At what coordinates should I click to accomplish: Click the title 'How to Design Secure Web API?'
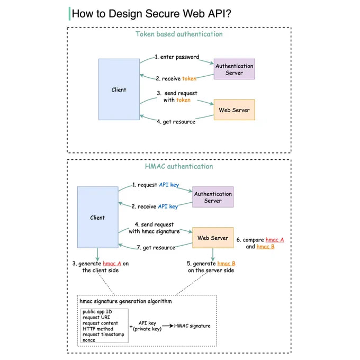[x=151, y=14]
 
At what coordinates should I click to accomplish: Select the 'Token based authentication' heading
[x=179, y=34]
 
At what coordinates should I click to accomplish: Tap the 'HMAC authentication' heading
[x=179, y=166]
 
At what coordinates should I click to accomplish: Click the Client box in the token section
[x=119, y=89]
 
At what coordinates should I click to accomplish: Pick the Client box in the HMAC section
[x=97, y=217]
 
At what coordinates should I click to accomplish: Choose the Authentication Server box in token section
[x=234, y=69]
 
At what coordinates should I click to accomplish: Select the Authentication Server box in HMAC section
[x=213, y=197]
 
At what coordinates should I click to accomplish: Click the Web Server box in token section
[x=234, y=110]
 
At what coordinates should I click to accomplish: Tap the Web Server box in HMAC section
[x=213, y=238]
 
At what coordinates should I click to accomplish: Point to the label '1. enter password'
[x=177, y=57]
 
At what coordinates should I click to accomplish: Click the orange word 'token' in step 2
[x=189, y=78]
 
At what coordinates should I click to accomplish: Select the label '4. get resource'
[x=176, y=122]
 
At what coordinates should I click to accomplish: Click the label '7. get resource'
[x=156, y=248]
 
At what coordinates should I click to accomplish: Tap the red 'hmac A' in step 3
[x=112, y=263]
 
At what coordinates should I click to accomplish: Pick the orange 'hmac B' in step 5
[x=227, y=263]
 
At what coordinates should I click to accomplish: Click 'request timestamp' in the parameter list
[x=103, y=334]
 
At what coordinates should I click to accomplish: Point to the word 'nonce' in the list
[x=89, y=340]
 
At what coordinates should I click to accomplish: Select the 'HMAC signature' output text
[x=192, y=326]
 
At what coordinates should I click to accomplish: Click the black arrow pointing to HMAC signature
[x=168, y=326]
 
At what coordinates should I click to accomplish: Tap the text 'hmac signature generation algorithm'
[x=125, y=301]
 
